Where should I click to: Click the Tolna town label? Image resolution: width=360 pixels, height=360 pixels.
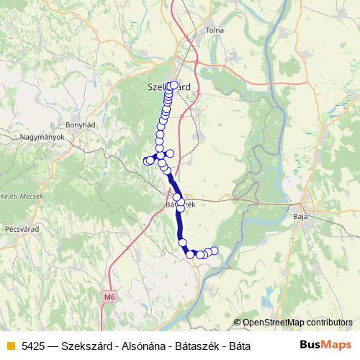click(x=215, y=30)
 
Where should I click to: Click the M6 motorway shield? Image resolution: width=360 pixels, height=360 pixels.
click(x=109, y=296)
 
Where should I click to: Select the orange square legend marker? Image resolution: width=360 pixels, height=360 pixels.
click(x=10, y=346)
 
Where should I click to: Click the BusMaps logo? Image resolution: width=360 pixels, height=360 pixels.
click(x=326, y=345)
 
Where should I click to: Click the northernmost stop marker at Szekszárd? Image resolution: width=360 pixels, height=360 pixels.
click(x=174, y=85)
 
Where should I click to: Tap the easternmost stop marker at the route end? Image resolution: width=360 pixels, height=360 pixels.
click(x=214, y=250)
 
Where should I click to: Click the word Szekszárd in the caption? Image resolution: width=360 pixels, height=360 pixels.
click(x=86, y=346)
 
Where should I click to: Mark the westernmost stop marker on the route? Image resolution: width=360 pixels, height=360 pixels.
click(x=147, y=161)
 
